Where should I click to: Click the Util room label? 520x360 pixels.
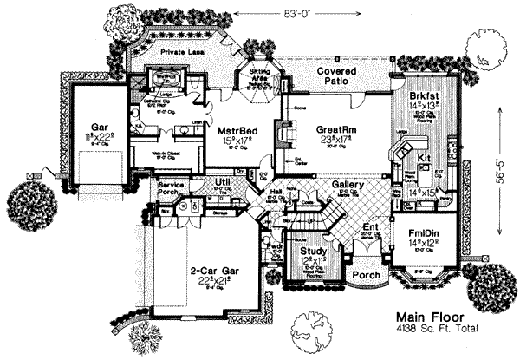coord(223,181)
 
